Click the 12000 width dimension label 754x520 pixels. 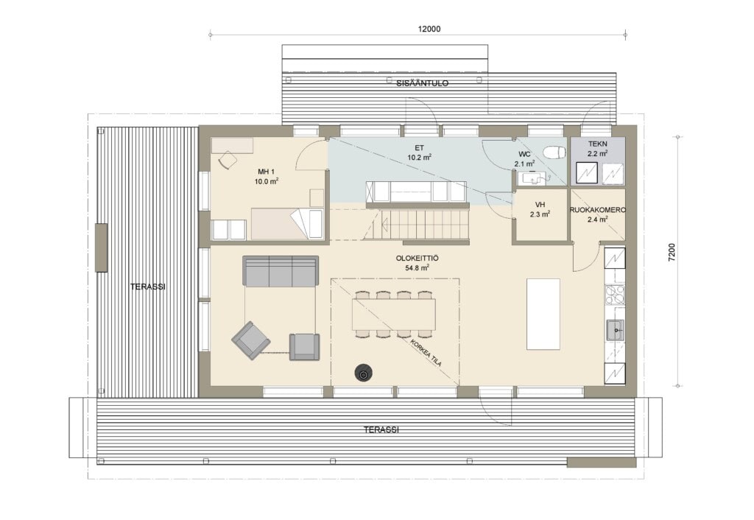click(x=429, y=29)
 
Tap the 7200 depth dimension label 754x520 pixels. click(x=672, y=253)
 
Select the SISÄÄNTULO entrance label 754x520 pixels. click(x=422, y=83)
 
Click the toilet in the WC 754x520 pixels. click(x=554, y=152)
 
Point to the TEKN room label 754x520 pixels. click(x=598, y=144)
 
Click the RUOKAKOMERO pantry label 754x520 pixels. click(x=598, y=210)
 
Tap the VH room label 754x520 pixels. click(x=540, y=205)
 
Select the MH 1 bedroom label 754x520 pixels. click(x=267, y=172)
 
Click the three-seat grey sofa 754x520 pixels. click(x=281, y=271)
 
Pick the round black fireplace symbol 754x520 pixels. click(x=363, y=373)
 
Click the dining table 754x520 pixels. click(x=394, y=314)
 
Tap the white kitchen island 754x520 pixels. click(x=543, y=314)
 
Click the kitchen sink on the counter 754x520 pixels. click(x=615, y=330)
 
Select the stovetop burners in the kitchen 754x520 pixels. click(x=615, y=295)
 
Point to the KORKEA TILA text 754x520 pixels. click(x=426, y=354)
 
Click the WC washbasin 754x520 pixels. click(x=533, y=178)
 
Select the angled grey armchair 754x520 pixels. click(x=250, y=340)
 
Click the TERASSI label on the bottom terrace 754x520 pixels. click(x=381, y=429)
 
